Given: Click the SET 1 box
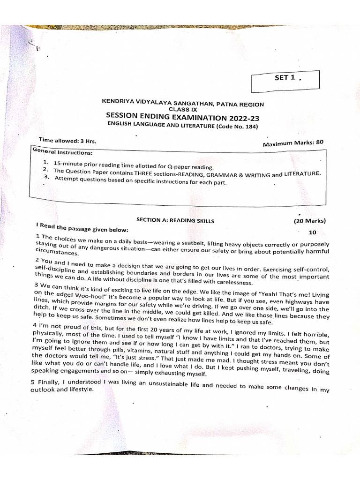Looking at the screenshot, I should click(285, 81).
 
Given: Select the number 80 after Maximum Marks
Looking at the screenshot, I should click(319, 142).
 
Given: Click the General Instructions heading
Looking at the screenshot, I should click(63, 152).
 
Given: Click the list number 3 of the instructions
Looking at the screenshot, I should click(46, 177).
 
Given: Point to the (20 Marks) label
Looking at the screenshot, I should click(309, 220).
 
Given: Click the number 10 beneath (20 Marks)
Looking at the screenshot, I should click(313, 232).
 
